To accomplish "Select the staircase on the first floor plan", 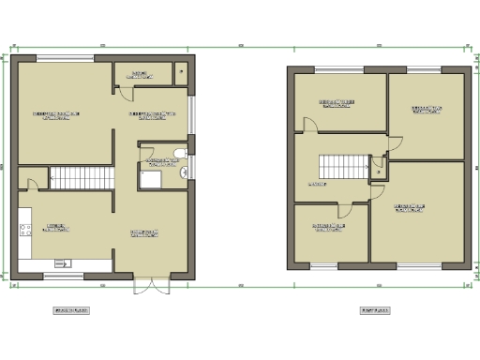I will pyautogui.click(x=341, y=166).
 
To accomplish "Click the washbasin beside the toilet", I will pyautogui.click(x=184, y=172).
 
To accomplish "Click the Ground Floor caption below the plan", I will pyautogui.click(x=71, y=309).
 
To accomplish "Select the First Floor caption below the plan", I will pyautogui.click(x=374, y=309).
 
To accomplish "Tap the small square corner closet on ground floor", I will pyautogui.click(x=180, y=72).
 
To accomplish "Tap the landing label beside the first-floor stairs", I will pyautogui.click(x=317, y=185).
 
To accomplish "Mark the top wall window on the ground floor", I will pyautogui.click(x=67, y=58).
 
